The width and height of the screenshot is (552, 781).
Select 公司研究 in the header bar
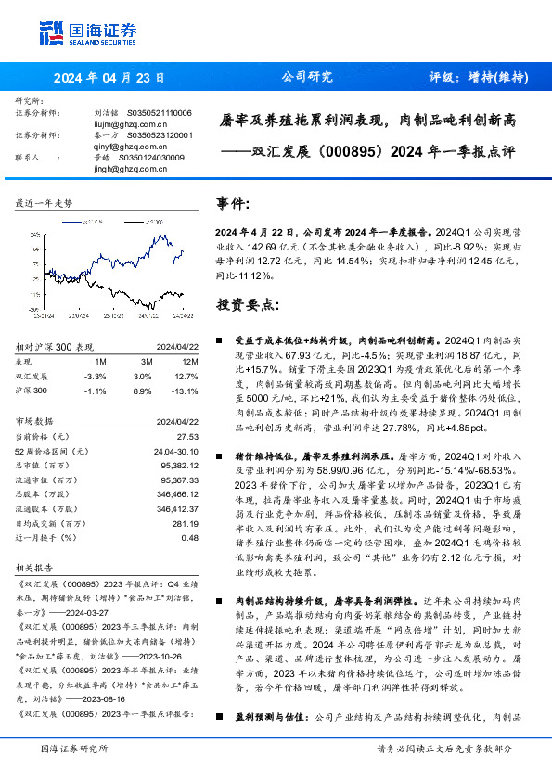[x=306, y=78]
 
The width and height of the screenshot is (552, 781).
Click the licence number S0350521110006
[x=159, y=112]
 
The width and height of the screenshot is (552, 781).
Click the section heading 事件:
[x=232, y=203]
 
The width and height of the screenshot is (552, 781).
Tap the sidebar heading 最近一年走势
[x=45, y=202]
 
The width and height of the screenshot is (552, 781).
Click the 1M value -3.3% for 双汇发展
[x=96, y=376]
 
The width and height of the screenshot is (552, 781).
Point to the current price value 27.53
[x=188, y=435]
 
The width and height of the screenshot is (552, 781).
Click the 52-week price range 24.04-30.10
[x=175, y=450]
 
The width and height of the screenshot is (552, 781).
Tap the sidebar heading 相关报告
[x=36, y=565]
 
